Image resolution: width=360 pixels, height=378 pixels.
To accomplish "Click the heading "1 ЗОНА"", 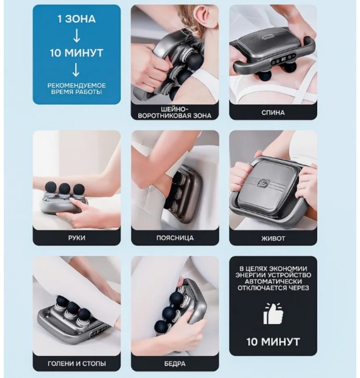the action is [76, 19].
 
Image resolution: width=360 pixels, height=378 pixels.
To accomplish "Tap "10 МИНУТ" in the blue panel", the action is [76, 53].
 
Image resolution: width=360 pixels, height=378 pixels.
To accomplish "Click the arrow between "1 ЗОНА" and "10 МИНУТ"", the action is [76, 36].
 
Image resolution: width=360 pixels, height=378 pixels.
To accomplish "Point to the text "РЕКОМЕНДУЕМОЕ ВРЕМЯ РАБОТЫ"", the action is [76, 88].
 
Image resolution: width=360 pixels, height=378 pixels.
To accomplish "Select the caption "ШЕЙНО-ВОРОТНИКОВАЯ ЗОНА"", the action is [175, 112].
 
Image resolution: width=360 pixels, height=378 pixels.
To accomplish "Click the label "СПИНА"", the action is [273, 113].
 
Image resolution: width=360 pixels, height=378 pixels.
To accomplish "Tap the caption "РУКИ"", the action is [77, 238].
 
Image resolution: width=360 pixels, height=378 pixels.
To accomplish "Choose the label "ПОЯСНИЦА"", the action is [175, 238].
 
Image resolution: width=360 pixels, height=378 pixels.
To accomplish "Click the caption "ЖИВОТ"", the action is [273, 239].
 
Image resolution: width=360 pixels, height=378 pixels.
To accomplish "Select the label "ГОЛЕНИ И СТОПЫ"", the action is [77, 363].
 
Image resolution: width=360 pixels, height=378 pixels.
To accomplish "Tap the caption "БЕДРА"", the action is [175, 364].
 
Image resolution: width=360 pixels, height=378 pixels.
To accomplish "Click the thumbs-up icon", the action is [273, 314].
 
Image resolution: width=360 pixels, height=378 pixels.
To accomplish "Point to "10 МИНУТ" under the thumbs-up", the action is [273, 342].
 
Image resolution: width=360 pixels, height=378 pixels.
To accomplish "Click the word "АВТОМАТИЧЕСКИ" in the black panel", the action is [273, 281].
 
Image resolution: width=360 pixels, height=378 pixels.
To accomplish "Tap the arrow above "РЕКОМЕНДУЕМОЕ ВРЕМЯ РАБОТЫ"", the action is [76, 70].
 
